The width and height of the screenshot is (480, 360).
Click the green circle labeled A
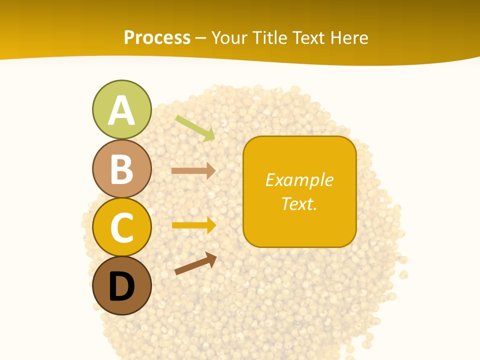(x=121, y=109)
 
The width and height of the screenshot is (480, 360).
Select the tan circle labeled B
(x=121, y=168)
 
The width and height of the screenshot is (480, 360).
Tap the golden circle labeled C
(x=121, y=227)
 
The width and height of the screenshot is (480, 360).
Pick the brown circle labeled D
(x=121, y=285)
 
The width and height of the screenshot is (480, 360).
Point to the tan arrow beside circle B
(x=193, y=170)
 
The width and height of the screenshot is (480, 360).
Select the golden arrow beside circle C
(x=193, y=225)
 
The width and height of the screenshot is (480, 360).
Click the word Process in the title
(x=157, y=38)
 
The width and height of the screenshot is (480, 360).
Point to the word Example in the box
(x=299, y=180)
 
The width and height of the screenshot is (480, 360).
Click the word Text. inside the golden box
(x=299, y=203)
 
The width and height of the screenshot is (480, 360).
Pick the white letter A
(x=121, y=110)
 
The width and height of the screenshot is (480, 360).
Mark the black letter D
(x=121, y=286)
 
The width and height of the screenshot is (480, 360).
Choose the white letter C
(x=121, y=228)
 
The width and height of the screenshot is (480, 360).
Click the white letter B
(x=121, y=169)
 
